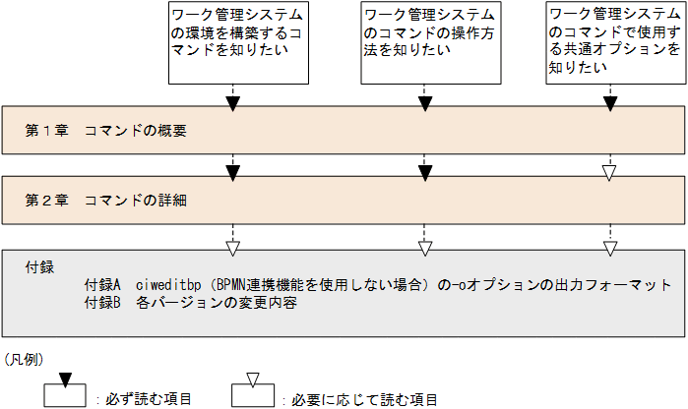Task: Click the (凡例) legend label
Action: click(x=24, y=360)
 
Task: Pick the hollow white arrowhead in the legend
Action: click(x=252, y=380)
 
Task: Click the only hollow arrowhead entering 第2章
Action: click(x=610, y=173)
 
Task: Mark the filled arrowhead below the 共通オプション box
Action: click(x=610, y=103)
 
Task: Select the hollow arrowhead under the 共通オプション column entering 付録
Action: click(x=610, y=245)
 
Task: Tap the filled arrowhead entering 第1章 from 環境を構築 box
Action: click(x=234, y=103)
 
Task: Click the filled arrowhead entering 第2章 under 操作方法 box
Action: click(x=424, y=173)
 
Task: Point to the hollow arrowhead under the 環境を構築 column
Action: click(x=234, y=245)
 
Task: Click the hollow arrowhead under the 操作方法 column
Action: click(x=424, y=245)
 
